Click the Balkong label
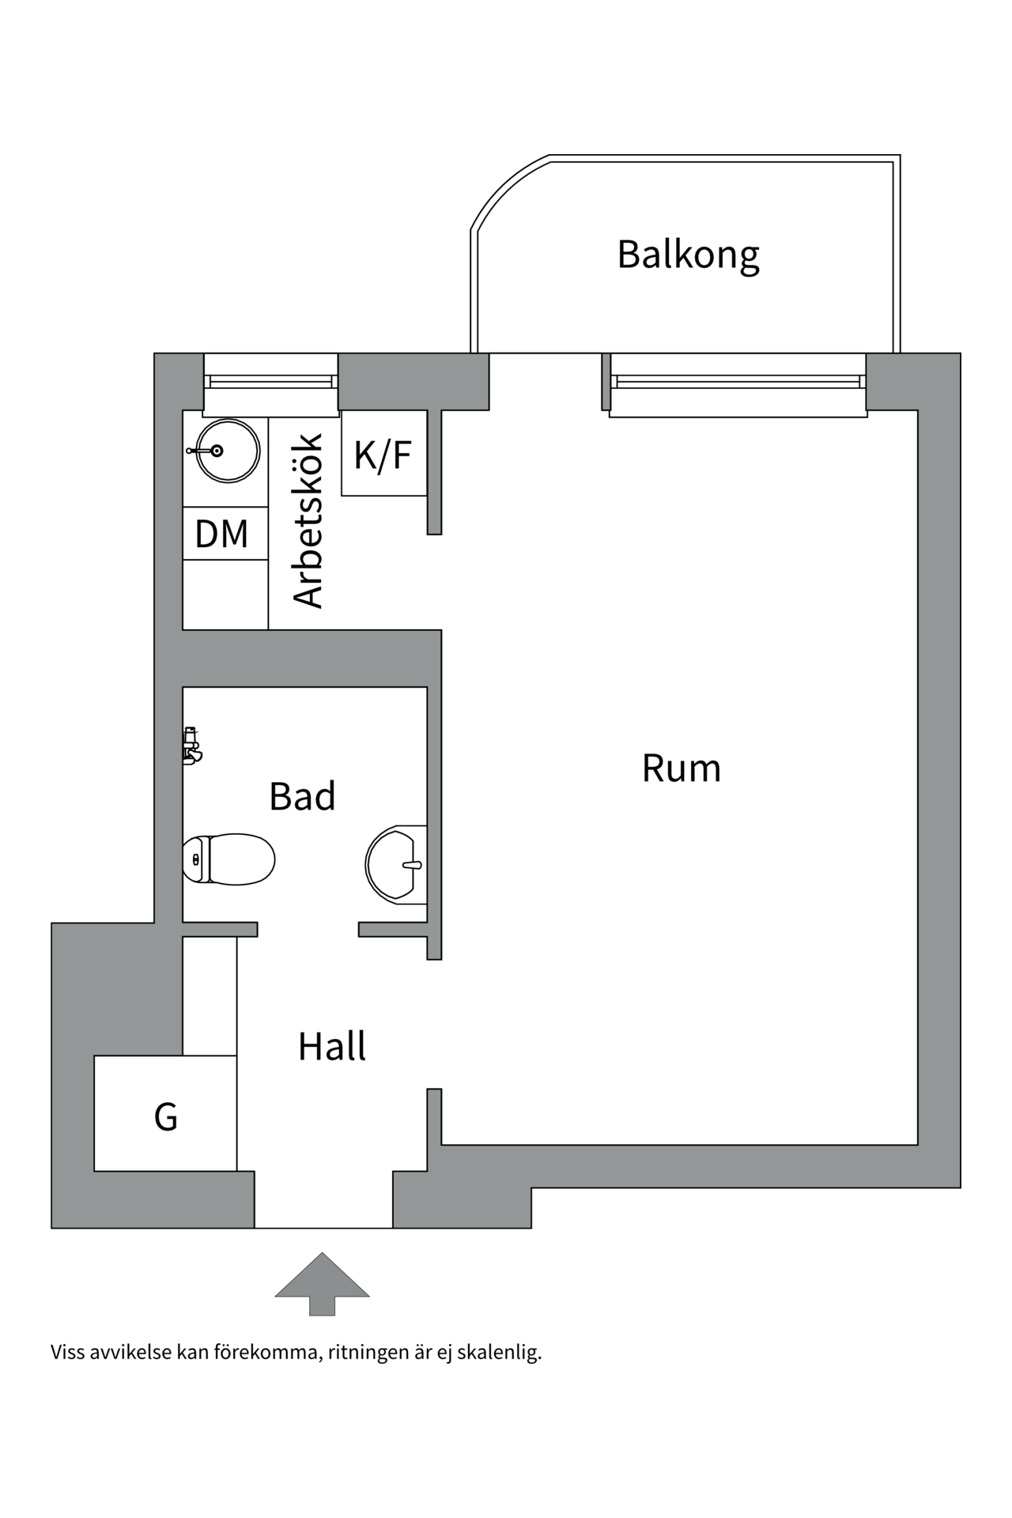click(688, 255)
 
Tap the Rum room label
click(681, 768)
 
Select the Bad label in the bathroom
click(302, 796)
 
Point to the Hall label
click(332, 1047)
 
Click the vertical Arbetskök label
click(309, 521)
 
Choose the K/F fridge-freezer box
click(384, 455)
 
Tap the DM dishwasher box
click(221, 534)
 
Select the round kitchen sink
click(227, 451)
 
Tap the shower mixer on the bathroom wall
click(191, 746)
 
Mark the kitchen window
click(271, 382)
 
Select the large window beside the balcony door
click(738, 383)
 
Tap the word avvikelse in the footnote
click(131, 1375)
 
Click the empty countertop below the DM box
click(225, 595)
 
